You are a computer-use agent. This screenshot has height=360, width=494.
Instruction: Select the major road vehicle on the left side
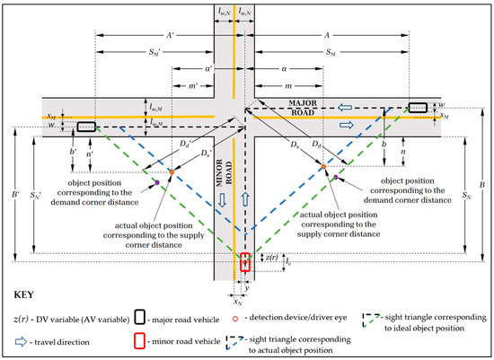87,127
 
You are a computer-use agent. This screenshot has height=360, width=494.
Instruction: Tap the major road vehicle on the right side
419,108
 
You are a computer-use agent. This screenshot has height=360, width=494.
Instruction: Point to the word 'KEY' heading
27,294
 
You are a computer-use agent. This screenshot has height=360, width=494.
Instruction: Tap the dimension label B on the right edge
482,186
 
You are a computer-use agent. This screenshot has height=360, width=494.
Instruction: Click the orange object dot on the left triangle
171,170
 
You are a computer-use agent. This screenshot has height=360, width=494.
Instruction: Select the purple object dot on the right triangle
335,178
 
